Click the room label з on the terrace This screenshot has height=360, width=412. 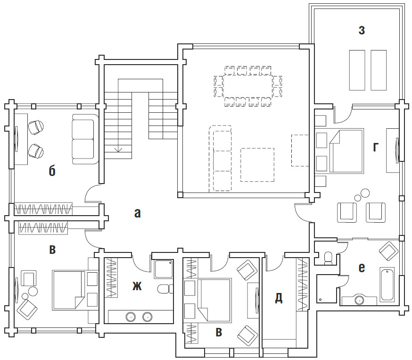(x=362, y=31)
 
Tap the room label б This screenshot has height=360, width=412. (x=52, y=171)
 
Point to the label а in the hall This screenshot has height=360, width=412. (x=138, y=213)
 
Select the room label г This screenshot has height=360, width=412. (x=376, y=148)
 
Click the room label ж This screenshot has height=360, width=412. (x=137, y=286)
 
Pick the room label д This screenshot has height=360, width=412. (x=279, y=298)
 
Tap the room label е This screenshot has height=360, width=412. (x=362, y=268)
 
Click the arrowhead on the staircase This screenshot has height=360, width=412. (x=118, y=150)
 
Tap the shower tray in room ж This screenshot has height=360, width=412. (x=164, y=269)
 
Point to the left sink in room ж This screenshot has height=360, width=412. (x=130, y=317)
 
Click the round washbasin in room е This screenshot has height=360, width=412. (x=359, y=300)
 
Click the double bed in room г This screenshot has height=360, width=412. (x=346, y=151)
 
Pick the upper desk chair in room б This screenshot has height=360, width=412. (x=36, y=127)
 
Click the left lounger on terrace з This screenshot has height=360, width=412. (x=357, y=70)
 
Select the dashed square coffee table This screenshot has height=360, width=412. (x=257, y=165)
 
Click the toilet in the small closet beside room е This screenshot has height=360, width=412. (x=329, y=258)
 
